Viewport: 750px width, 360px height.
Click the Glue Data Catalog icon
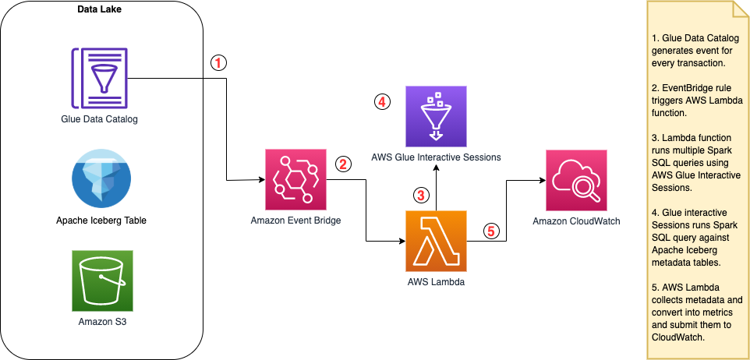tap(101, 77)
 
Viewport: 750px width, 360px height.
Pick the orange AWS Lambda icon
tap(436, 241)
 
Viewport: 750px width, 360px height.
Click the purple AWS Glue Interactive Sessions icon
tap(436, 116)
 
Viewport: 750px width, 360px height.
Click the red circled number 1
tap(221, 63)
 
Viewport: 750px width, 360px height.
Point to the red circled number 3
tap(422, 195)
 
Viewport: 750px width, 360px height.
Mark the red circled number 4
tap(381, 101)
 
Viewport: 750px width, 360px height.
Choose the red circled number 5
tap(490, 231)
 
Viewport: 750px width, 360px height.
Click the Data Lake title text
tap(98, 9)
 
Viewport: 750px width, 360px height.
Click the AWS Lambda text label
tap(436, 282)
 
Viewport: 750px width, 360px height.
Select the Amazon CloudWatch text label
tap(576, 221)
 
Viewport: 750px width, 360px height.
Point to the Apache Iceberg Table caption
tap(102, 221)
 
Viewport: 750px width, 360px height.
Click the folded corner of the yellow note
tap(742, 9)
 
